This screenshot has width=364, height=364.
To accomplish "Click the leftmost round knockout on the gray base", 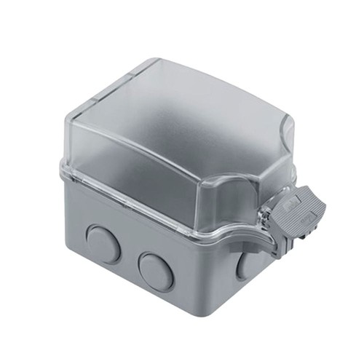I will [x=103, y=244].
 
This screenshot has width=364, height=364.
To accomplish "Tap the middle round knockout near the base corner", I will [x=156, y=271].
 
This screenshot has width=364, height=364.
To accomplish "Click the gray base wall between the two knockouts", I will [x=130, y=262].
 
